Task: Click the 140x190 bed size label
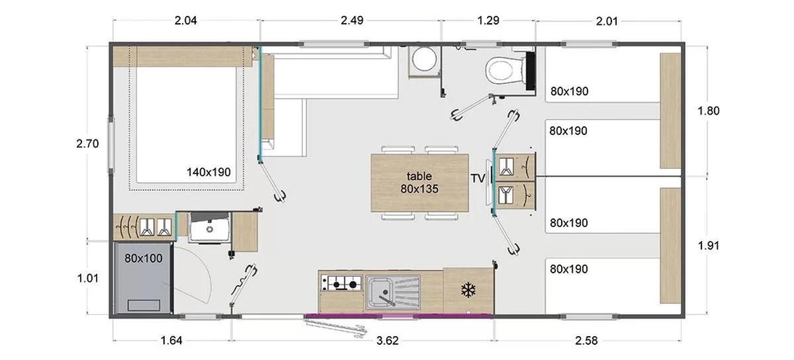click(x=208, y=172)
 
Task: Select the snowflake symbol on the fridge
click(x=468, y=290)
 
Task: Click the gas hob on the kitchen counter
click(x=341, y=283)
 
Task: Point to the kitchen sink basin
click(x=380, y=292)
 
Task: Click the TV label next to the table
click(x=478, y=179)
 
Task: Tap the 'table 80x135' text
click(x=419, y=183)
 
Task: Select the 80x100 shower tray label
click(x=143, y=258)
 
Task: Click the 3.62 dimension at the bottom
click(x=387, y=341)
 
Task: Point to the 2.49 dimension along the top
click(x=352, y=21)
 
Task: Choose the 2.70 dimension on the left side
click(x=87, y=144)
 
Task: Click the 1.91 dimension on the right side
click(x=708, y=246)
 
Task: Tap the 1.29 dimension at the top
click(x=488, y=21)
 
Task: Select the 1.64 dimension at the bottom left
click(x=171, y=341)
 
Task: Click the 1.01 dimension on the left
click(x=87, y=278)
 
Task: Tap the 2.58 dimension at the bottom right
click(x=586, y=341)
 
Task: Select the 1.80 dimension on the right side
click(x=708, y=111)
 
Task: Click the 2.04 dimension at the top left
click(x=185, y=21)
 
